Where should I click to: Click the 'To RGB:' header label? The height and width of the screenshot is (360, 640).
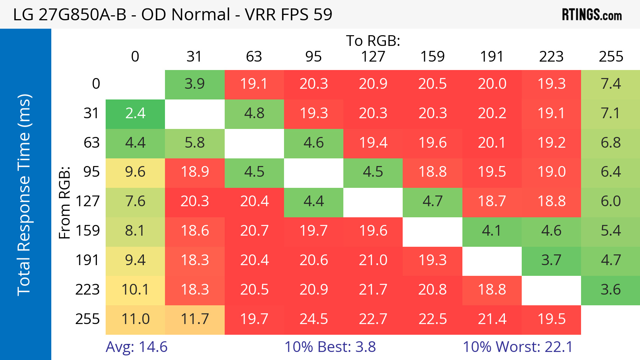373,41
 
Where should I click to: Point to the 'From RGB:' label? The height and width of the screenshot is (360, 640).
65,203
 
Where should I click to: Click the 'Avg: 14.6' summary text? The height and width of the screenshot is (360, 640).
137,347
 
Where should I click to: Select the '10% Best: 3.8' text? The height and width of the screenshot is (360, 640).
330,347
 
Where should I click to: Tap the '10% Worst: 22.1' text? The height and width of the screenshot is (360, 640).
518,347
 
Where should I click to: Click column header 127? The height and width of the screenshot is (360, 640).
373,57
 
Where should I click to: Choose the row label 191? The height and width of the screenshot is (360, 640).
87,261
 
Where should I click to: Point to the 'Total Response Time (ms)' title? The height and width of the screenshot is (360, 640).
24,195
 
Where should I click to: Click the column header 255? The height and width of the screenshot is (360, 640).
611,57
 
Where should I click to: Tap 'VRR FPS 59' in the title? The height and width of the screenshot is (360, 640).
289,14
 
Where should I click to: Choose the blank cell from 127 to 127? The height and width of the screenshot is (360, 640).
373,202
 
